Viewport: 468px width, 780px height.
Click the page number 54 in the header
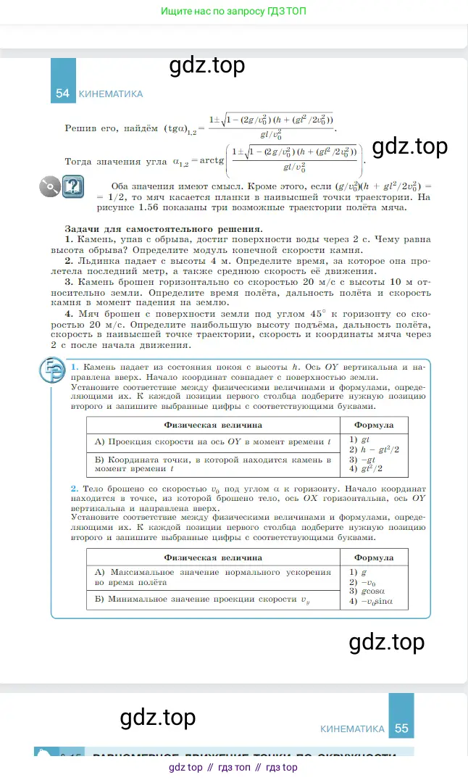point(62,94)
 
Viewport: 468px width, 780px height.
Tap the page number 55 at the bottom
point(401,729)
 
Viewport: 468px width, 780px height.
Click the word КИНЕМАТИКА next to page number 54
point(110,94)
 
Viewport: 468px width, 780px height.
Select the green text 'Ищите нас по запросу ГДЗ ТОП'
point(234,12)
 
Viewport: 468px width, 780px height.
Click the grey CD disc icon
point(50,187)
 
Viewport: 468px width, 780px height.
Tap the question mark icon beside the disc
point(72,187)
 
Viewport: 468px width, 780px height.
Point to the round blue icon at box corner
point(51,371)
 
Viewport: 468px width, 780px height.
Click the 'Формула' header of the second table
point(374,557)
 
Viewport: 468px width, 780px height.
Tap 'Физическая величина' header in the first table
point(213,425)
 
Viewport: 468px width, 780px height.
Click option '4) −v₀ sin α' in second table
point(372,602)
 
